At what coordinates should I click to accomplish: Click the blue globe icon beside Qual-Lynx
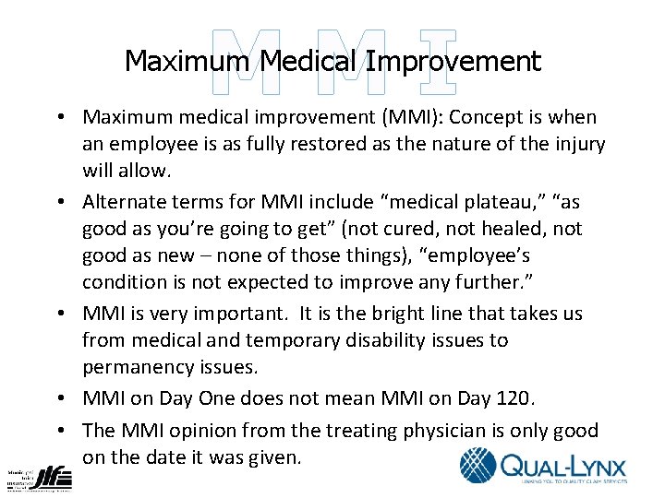(478, 465)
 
